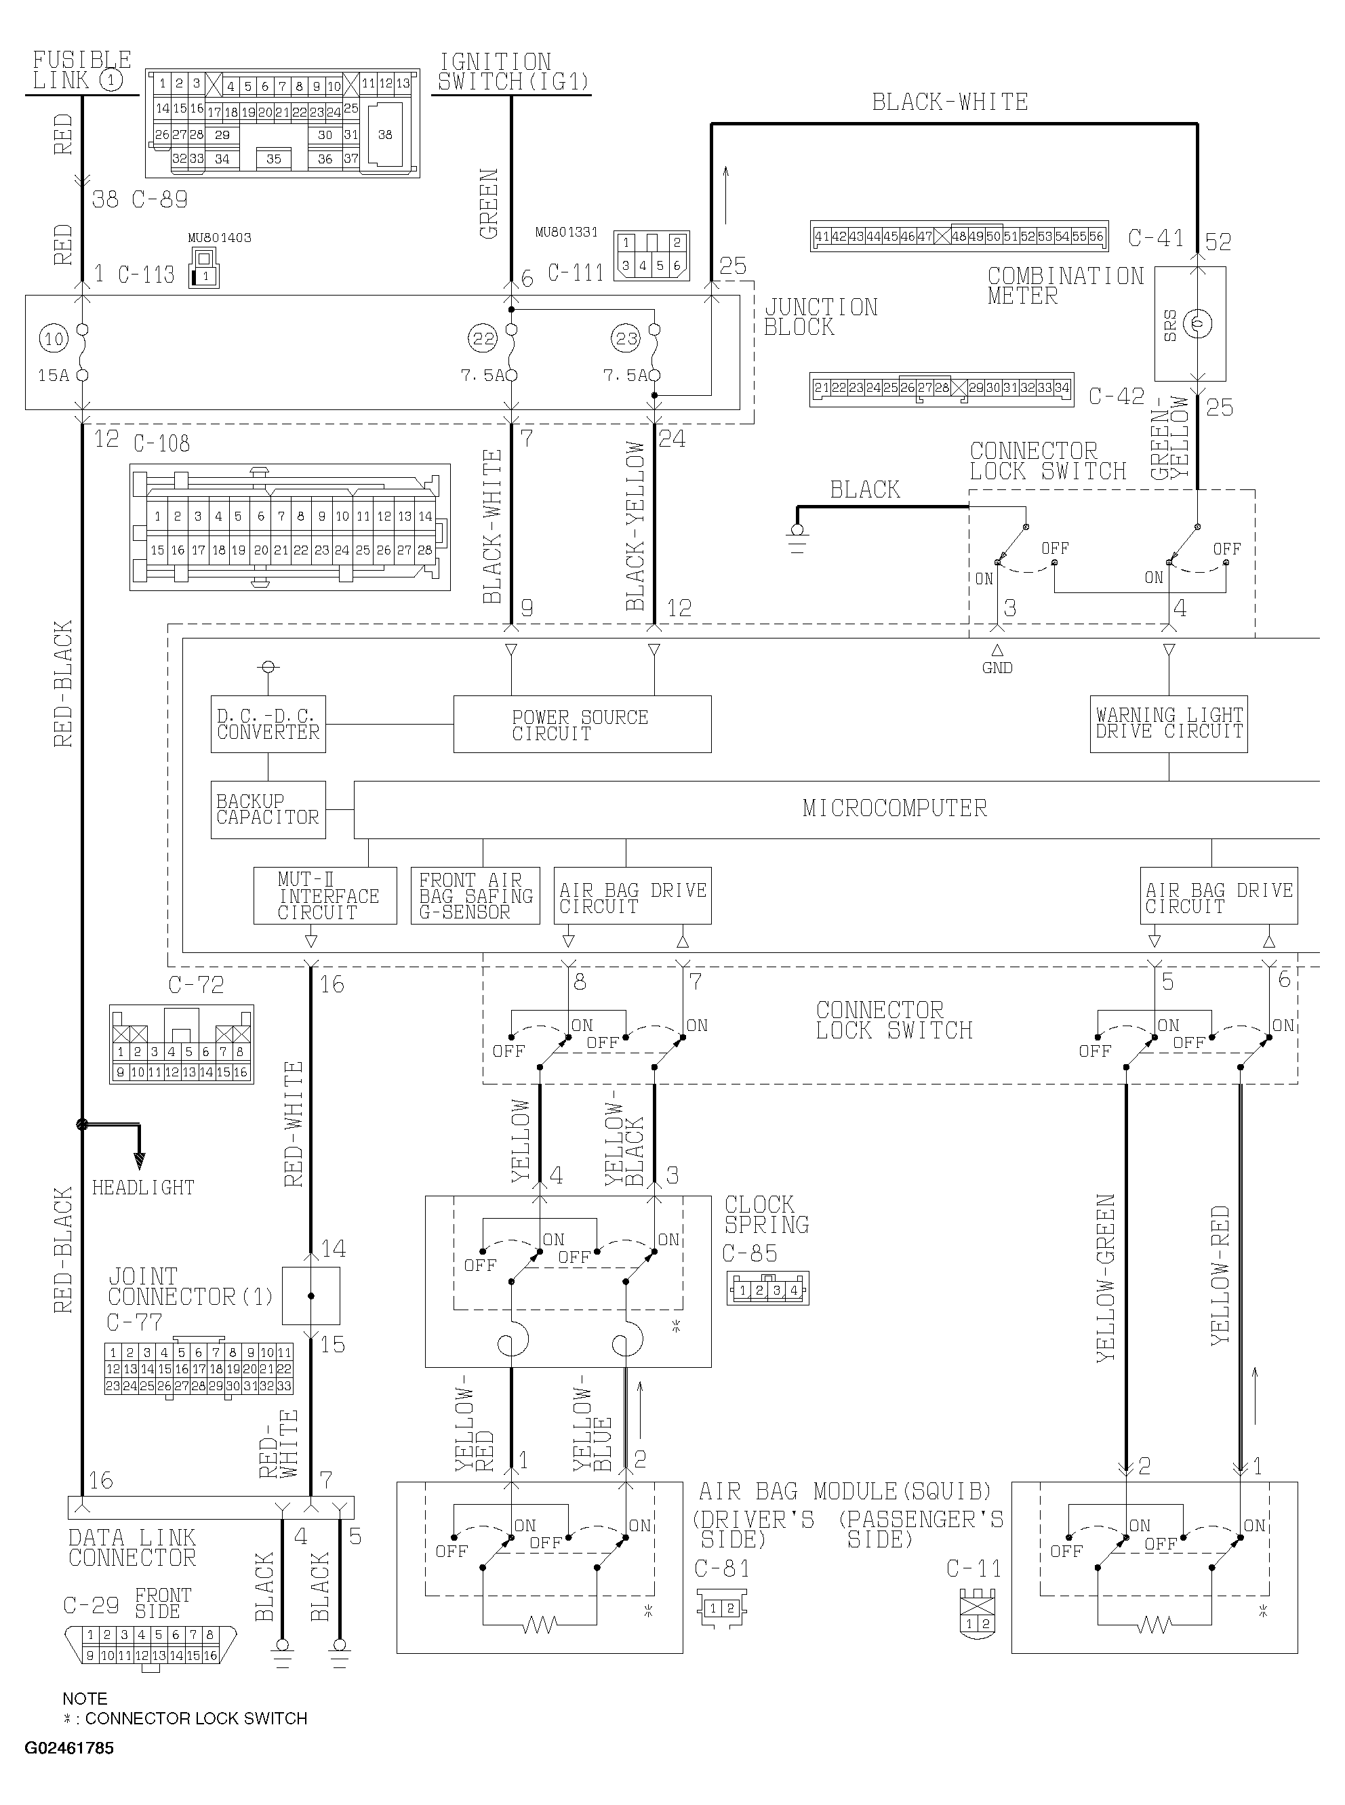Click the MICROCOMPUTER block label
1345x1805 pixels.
894,808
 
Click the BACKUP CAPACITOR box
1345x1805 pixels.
268,810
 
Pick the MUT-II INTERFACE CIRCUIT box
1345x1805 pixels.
325,895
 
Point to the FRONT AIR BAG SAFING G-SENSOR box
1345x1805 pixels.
475,895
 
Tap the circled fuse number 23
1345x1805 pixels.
626,338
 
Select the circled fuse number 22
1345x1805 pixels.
483,338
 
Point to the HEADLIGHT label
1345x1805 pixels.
143,1188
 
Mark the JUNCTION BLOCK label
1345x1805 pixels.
821,317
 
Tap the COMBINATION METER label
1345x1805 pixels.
1066,285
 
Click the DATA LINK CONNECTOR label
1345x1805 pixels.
132,1548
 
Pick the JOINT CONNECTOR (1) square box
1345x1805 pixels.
311,1295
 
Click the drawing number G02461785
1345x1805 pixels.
69,1748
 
